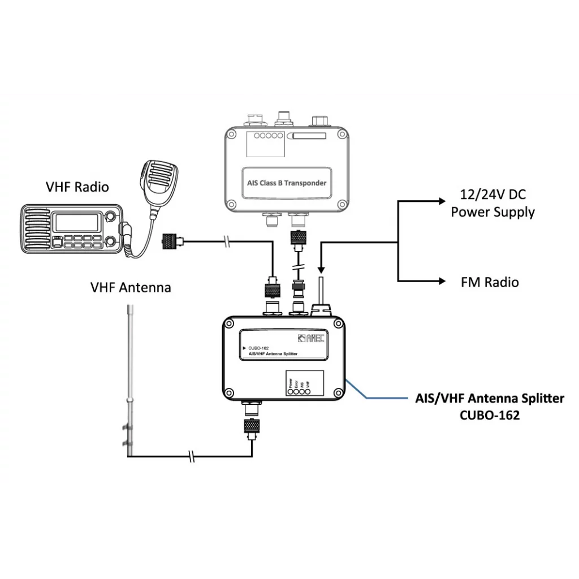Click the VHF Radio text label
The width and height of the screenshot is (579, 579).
[77, 187]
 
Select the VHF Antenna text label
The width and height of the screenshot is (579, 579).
[131, 287]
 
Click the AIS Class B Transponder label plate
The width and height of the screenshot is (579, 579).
[287, 183]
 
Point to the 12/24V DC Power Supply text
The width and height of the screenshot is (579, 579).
[493, 204]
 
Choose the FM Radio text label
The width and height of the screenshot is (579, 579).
[490, 282]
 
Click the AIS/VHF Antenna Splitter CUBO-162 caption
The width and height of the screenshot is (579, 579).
[490, 407]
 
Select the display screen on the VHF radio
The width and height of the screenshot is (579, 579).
[77, 222]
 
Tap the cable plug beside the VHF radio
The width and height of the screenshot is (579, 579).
[170, 242]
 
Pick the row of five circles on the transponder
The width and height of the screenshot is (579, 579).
[267, 136]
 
